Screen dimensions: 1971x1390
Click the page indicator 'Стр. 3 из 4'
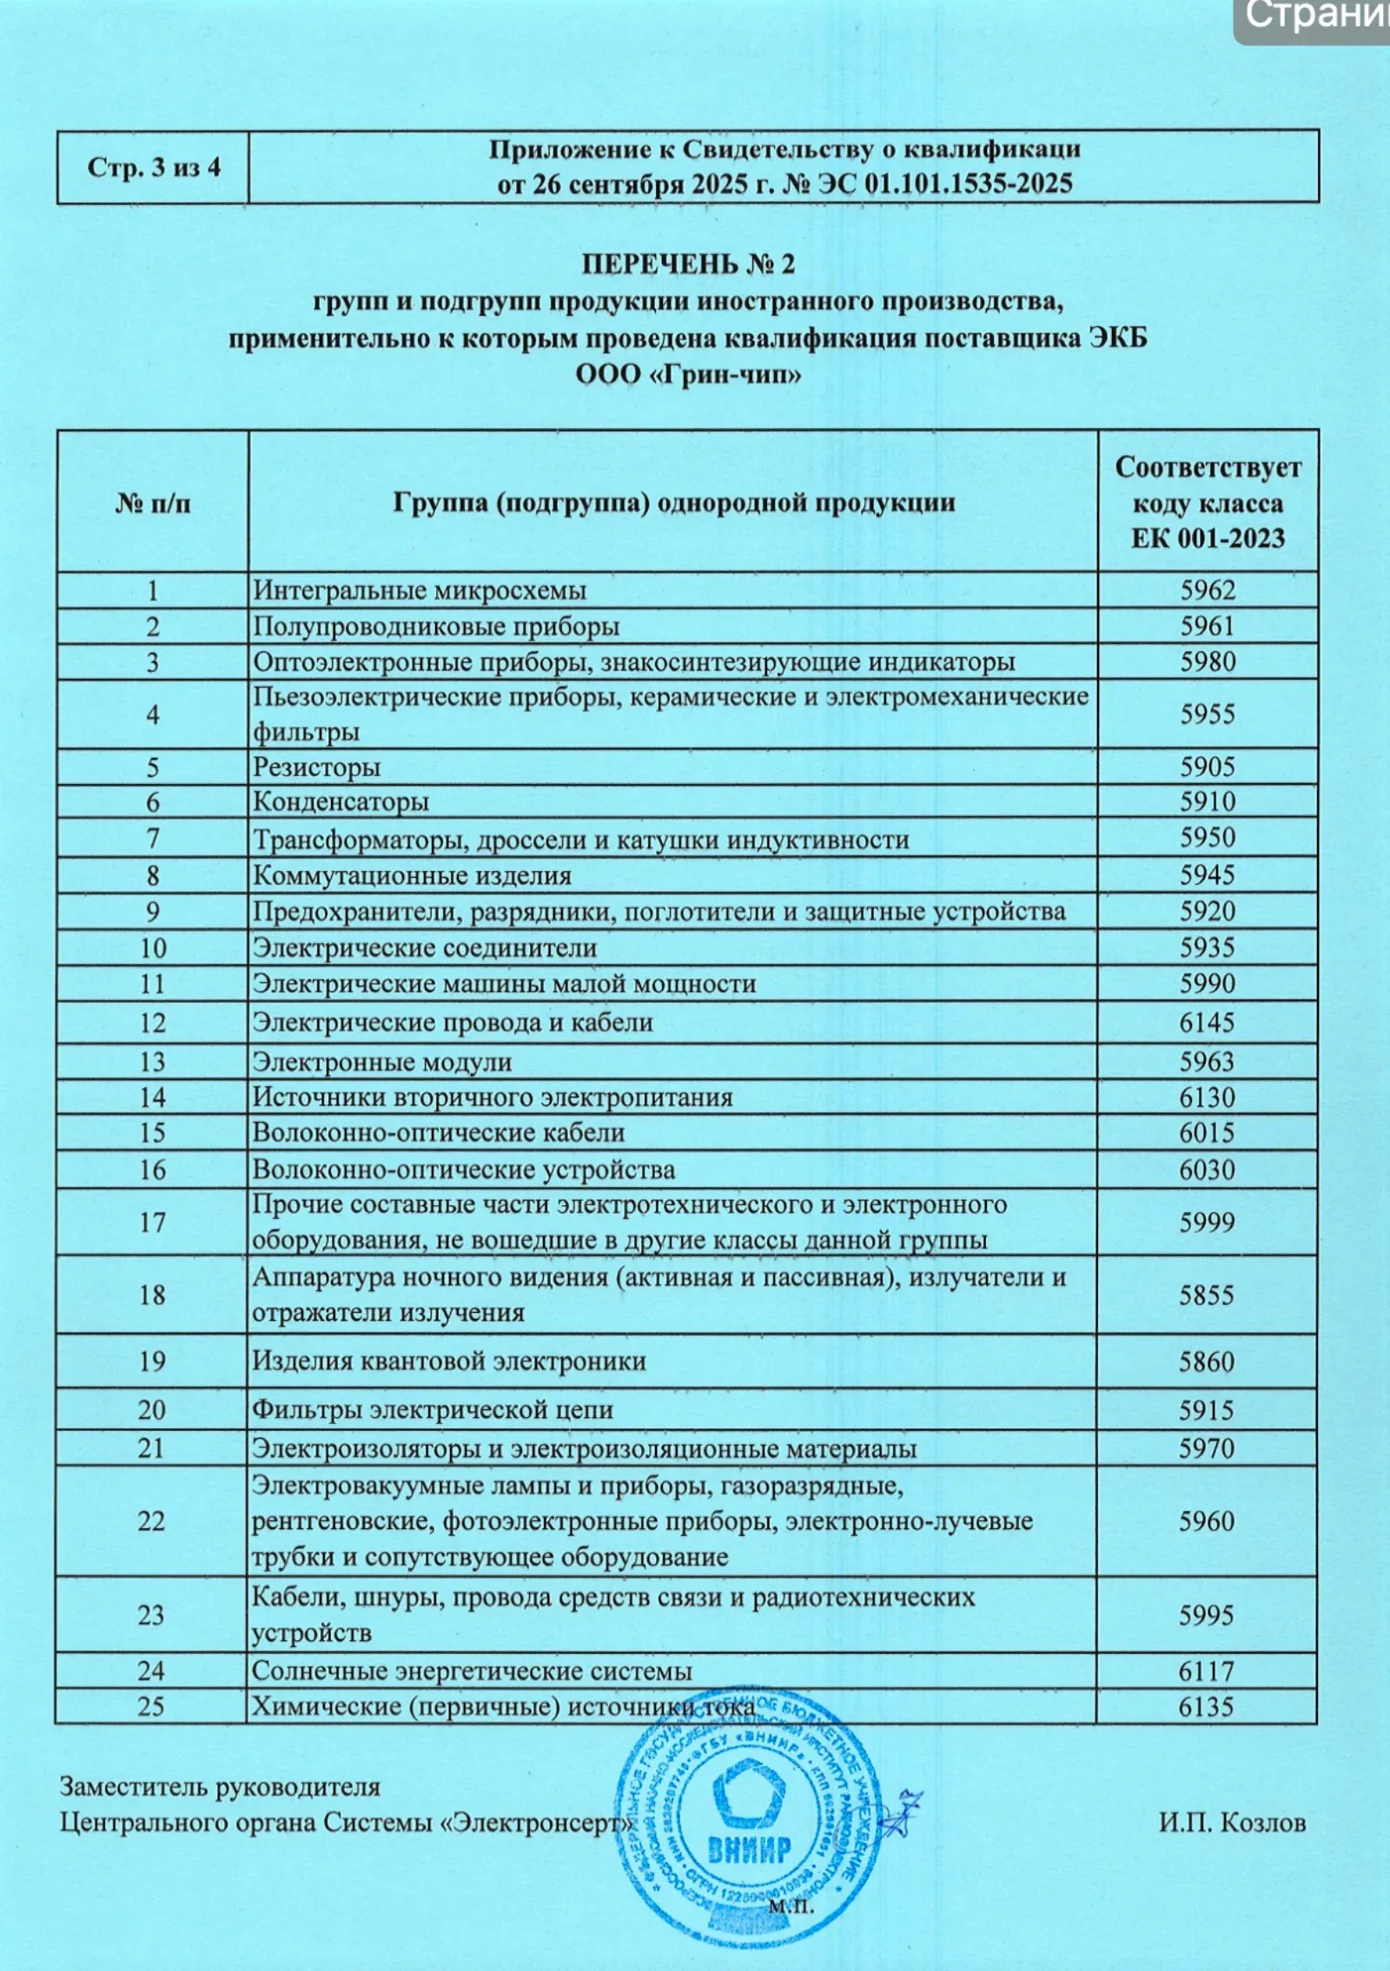(x=153, y=168)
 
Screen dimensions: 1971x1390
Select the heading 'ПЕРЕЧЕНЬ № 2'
(x=688, y=264)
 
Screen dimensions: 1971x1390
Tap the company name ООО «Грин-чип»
(x=688, y=375)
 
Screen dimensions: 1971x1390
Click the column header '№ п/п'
(x=153, y=503)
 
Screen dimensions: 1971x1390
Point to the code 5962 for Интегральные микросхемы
(x=1208, y=590)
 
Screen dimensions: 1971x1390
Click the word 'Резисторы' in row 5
(x=316, y=768)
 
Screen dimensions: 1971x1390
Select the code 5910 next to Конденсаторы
(x=1208, y=801)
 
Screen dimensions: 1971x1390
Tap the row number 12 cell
(x=152, y=1023)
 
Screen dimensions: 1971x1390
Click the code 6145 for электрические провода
(x=1207, y=1023)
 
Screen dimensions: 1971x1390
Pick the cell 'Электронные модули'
(x=382, y=1062)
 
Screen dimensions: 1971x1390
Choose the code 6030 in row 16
(x=1207, y=1170)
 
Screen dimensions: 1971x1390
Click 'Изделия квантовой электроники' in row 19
(x=449, y=1361)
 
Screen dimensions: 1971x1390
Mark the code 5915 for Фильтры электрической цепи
(x=1207, y=1410)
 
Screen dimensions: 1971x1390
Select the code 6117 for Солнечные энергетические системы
(x=1206, y=1671)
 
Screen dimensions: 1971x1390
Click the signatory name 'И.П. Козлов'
(x=1232, y=1822)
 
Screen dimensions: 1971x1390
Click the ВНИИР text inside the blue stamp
(x=748, y=1847)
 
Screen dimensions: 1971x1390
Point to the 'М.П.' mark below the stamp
(x=791, y=1907)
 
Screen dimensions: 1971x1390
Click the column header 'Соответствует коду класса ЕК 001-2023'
(x=1208, y=503)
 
